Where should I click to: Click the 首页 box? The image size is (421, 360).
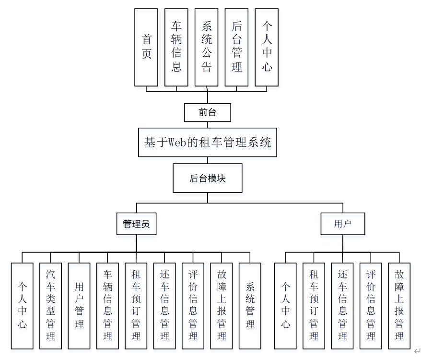(146, 47)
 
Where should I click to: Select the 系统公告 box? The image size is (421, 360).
(207, 47)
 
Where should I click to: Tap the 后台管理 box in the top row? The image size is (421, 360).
(237, 47)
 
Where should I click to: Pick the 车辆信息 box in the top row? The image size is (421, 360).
(176, 47)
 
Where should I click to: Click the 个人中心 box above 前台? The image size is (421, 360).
(267, 47)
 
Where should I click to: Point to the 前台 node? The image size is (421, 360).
(208, 113)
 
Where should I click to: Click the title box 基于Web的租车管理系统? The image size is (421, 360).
(208, 142)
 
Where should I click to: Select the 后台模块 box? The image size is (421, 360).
(208, 179)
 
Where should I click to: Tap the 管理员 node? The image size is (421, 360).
(136, 224)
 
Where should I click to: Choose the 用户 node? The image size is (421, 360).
(342, 224)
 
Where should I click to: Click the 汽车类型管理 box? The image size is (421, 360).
(51, 305)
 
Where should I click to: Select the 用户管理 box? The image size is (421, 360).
(79, 305)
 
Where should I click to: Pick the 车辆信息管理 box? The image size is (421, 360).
(107, 305)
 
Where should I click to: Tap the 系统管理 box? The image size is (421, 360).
(250, 305)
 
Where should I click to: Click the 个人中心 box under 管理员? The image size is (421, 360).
(22, 305)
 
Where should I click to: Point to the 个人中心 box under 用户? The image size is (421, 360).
(285, 305)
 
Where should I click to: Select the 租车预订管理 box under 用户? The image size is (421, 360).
(314, 305)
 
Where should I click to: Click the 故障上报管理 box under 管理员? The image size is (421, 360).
(222, 305)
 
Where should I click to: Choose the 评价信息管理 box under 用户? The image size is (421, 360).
(371, 305)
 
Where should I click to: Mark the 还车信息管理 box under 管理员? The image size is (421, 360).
(164, 305)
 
